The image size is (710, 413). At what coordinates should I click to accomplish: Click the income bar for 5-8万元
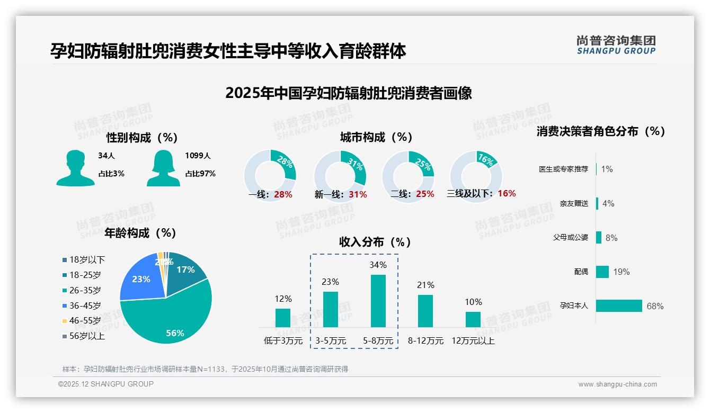pyautogui.click(x=378, y=301)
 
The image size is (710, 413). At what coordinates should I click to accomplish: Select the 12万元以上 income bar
pyautogui.click(x=473, y=319)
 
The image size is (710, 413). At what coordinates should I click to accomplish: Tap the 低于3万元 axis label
pyautogui.click(x=283, y=341)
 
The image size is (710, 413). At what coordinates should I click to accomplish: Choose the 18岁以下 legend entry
pyautogui.click(x=84, y=259)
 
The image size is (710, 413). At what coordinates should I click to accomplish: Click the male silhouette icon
pyautogui.click(x=76, y=168)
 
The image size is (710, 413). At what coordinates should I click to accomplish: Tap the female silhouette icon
pyautogui.click(x=163, y=168)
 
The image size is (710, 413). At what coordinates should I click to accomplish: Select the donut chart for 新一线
pyautogui.click(x=340, y=176)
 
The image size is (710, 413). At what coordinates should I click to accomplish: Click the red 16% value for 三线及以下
pyautogui.click(x=507, y=193)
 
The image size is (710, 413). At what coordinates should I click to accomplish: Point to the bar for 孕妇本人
pyautogui.click(x=619, y=306)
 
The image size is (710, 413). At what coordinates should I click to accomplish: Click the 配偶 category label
pyautogui.click(x=581, y=272)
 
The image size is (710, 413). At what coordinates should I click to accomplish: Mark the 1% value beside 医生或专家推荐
pyautogui.click(x=607, y=169)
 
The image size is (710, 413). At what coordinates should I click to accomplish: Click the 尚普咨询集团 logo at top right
pyautogui.click(x=616, y=45)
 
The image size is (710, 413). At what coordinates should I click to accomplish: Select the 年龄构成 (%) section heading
pyautogui.click(x=140, y=233)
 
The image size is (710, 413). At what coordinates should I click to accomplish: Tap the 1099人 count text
pyautogui.click(x=198, y=156)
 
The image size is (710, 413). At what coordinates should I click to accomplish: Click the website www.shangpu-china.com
pyautogui.click(x=617, y=384)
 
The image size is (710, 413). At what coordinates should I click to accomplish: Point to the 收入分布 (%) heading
pyautogui.click(x=375, y=242)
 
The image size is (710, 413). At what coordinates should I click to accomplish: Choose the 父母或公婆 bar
pyautogui.click(x=599, y=237)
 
